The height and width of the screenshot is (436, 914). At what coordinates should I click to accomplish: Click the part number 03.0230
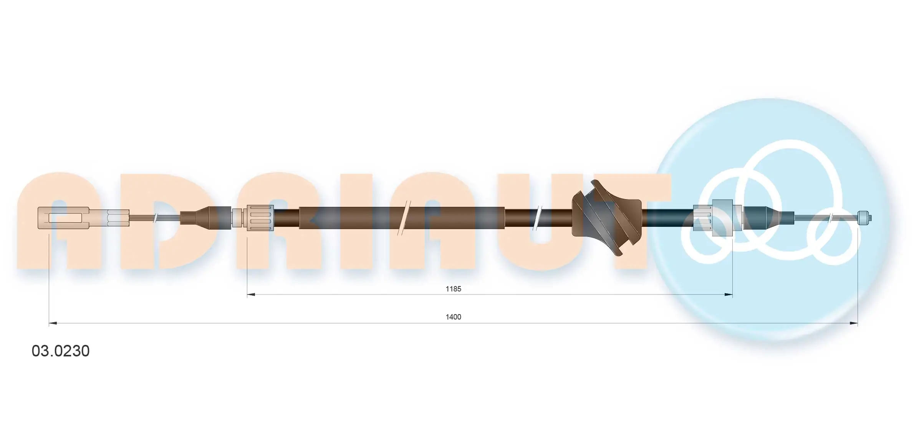[x=61, y=351]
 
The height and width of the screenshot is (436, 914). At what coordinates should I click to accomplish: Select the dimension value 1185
[x=453, y=289]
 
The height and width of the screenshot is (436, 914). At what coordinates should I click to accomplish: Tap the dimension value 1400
[x=453, y=317]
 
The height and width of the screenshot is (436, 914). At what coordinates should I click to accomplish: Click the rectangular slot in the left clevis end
[x=65, y=218]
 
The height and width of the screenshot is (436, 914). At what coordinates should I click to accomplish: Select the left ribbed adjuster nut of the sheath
[x=260, y=218]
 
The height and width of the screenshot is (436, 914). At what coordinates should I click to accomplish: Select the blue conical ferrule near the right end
[x=762, y=218]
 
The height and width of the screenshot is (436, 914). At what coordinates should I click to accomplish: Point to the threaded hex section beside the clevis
[x=118, y=218]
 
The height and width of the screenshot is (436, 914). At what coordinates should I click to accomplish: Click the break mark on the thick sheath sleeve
[x=404, y=218]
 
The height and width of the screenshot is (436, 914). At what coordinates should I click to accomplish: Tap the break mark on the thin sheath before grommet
[x=538, y=218]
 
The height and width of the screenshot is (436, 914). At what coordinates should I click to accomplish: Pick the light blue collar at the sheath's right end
[x=722, y=218]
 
